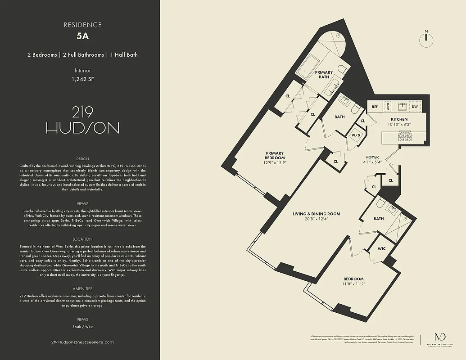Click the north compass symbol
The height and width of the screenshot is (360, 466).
(425, 40)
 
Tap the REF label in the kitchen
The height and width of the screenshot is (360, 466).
(375, 107)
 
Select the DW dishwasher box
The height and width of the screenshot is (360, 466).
(415, 107)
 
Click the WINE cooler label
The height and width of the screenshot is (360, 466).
(387, 107)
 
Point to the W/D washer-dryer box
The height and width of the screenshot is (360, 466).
(356, 135)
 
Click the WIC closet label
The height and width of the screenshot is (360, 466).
(381, 248)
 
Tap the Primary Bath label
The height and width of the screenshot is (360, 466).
(324, 75)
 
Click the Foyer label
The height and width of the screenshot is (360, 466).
(372, 157)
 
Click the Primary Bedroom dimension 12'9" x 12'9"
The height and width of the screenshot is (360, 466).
(275, 163)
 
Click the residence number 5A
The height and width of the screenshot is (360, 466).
(82, 37)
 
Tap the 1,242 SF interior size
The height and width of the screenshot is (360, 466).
(82, 79)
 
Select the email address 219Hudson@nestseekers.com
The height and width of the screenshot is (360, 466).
(82, 342)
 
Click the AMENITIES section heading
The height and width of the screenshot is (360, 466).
(82, 288)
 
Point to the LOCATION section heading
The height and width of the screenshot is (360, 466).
(82, 239)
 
